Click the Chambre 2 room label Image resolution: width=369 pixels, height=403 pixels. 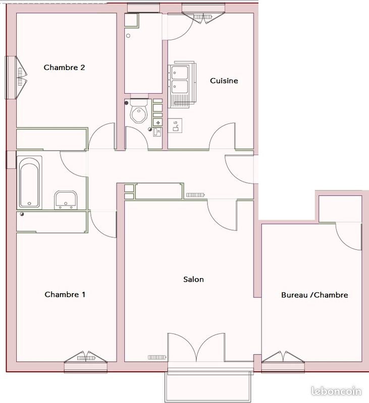coord(64,68)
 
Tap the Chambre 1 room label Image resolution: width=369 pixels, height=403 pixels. coord(65,295)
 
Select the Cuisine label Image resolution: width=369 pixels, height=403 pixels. coord(224,81)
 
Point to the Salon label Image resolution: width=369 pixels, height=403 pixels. coord(193,280)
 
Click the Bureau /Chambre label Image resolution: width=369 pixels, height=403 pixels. coord(314,295)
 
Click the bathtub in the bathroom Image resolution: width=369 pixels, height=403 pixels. coord(30,182)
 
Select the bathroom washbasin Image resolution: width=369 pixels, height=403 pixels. coord(66,199)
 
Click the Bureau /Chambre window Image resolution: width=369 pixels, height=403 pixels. coord(283,357)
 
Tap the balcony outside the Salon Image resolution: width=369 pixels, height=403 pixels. coord(209,387)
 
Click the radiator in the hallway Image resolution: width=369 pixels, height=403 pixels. coord(195,194)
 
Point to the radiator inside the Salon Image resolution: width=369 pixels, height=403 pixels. coord(156,357)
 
